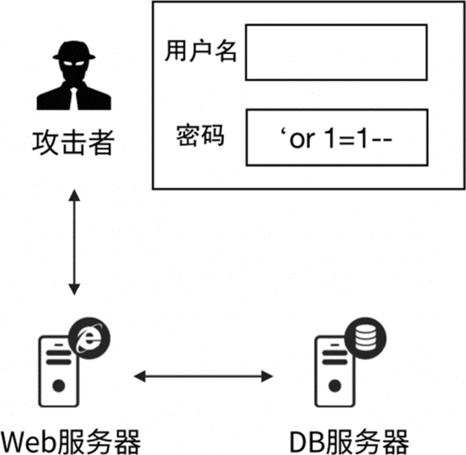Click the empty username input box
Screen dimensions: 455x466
click(x=336, y=53)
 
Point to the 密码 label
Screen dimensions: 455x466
click(x=200, y=136)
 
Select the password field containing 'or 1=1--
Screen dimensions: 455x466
click(x=336, y=137)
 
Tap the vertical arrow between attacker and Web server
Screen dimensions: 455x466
click(x=74, y=243)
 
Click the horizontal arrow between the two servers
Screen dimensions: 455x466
click(x=204, y=376)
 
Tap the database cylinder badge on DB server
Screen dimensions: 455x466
click(x=366, y=336)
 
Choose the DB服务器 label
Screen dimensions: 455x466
click(x=349, y=440)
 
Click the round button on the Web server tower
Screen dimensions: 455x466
click(x=58, y=386)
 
